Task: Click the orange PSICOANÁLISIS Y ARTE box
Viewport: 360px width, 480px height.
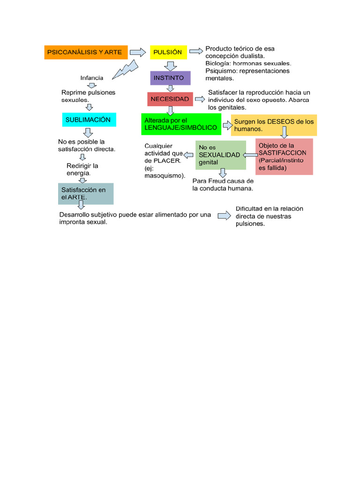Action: pos(86,52)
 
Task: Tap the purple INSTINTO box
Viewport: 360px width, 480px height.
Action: pos(171,77)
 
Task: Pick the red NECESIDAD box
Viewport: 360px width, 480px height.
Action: pos(170,99)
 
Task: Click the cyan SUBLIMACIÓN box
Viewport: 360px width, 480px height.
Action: pos(89,120)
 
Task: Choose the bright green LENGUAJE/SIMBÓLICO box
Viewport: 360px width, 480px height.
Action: pos(180,124)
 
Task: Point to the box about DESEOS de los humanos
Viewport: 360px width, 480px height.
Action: pos(274,125)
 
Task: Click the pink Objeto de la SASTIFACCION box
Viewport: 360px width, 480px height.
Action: pos(284,157)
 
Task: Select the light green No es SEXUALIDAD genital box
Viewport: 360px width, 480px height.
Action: pos(220,155)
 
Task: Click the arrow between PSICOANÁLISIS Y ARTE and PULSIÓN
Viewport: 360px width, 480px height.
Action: pos(137,52)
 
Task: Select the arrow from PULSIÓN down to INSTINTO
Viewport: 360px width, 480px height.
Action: pos(171,65)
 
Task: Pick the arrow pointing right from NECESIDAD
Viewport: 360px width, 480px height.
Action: pos(200,99)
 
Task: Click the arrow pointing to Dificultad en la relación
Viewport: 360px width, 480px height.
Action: pos(225,215)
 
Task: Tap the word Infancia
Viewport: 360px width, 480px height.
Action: pos(92,78)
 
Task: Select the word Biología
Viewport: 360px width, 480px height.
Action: pos(218,63)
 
